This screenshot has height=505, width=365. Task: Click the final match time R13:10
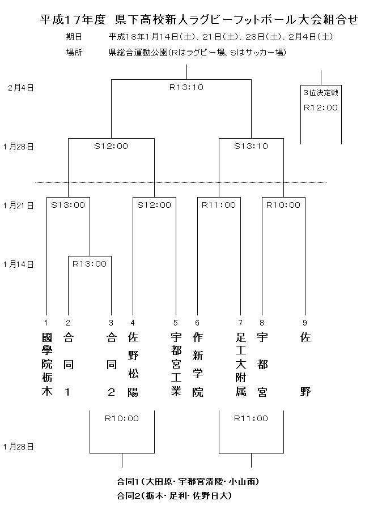[186, 87]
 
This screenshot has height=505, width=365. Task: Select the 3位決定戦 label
[321, 93]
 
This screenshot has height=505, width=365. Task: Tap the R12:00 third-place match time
[321, 108]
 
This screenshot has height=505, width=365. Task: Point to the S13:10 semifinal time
[251, 146]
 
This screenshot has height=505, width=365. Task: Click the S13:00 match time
[68, 205]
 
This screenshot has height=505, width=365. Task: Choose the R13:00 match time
[90, 264]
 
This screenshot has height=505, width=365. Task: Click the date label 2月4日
[21, 88]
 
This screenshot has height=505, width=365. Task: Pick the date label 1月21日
[18, 206]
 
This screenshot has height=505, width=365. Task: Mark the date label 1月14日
[18, 264]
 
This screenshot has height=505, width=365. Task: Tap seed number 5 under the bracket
[176, 323]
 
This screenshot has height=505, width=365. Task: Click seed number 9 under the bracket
[305, 323]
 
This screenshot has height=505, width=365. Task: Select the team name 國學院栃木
[46, 365]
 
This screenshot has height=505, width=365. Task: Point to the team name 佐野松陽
[133, 365]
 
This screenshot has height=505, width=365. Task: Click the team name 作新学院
[198, 365]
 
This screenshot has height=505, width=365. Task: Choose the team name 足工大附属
[240, 365]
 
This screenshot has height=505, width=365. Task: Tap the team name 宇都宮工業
[176, 365]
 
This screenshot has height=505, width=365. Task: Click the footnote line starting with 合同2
[174, 496]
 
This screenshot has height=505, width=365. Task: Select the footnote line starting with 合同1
[188, 482]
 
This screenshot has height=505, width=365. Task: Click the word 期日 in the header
[74, 37]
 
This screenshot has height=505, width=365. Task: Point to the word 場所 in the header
[74, 52]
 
